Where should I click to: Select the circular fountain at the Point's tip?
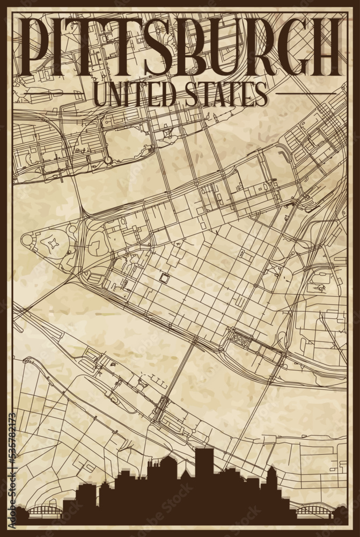pos(27,240)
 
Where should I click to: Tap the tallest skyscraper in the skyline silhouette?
pos(203,467)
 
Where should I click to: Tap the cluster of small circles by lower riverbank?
pos(240,339)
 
